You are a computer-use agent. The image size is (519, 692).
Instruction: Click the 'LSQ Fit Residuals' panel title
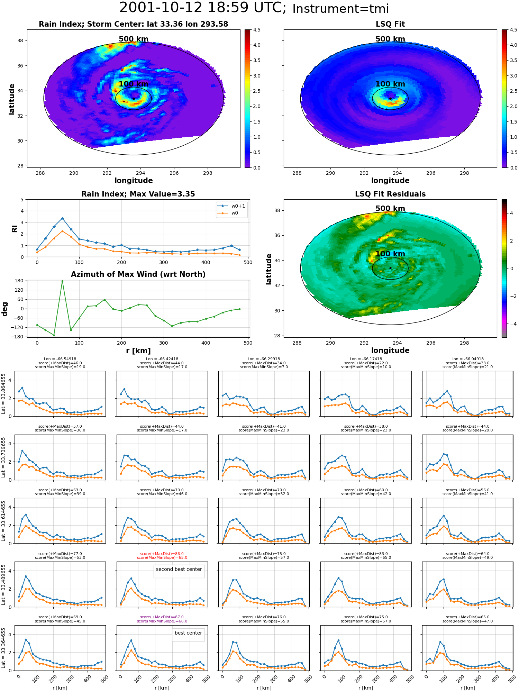(390, 194)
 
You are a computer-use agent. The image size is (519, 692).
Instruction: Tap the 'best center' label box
(188, 633)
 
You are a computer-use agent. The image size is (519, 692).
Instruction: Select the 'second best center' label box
(179, 569)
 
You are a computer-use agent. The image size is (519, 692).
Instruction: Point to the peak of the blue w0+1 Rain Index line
(62, 218)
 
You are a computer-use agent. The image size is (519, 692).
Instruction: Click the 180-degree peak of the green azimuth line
(62, 281)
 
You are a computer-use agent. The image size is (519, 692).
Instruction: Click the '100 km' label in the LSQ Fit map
(390, 84)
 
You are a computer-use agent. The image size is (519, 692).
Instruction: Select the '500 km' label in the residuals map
(390, 209)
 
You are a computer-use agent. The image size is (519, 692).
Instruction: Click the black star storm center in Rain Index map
(134, 99)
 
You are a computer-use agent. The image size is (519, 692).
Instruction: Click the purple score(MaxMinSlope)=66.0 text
(162, 621)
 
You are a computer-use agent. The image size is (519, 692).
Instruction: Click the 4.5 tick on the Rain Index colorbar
(257, 30)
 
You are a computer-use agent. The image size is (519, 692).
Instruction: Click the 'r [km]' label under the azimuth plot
(138, 351)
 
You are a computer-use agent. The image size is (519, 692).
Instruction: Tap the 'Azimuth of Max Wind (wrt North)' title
(138, 274)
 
